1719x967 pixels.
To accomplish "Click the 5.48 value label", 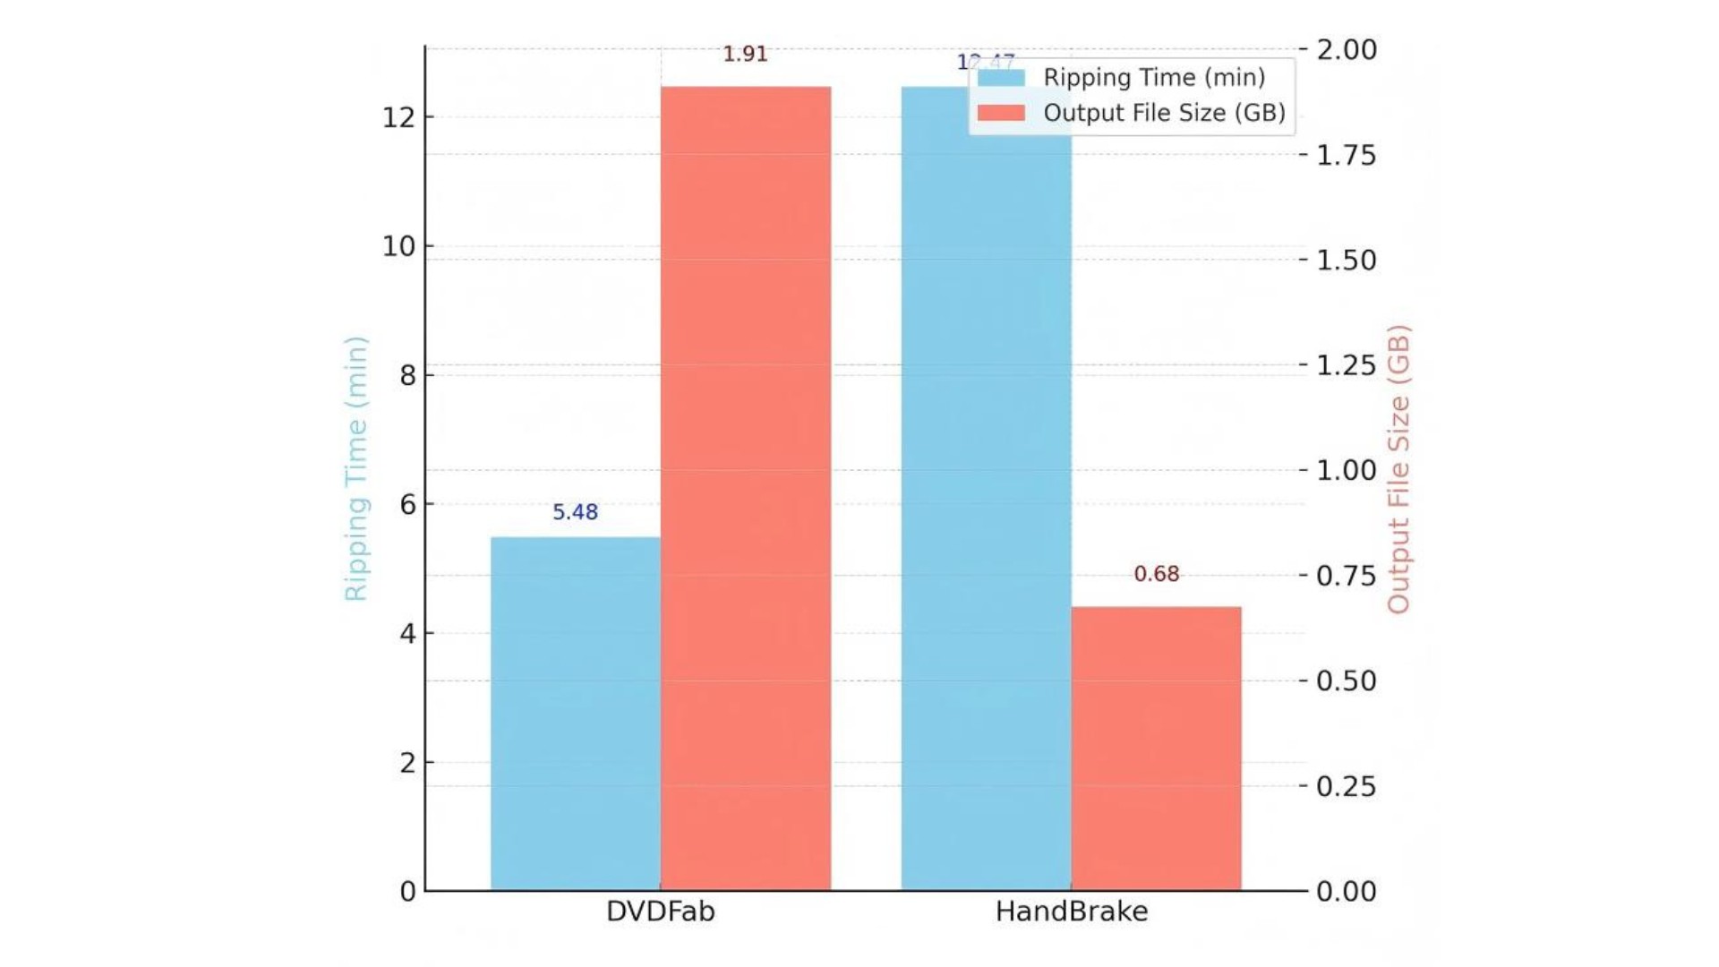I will (575, 512).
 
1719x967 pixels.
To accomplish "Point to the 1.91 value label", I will (745, 54).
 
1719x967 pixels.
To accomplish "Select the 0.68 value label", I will (1156, 574).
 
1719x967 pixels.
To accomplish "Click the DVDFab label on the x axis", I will (660, 911).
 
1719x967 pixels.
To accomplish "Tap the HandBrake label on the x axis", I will (1071, 911).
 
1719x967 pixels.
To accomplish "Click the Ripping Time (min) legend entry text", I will (1154, 77).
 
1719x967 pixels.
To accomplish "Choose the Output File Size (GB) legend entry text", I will (1164, 113).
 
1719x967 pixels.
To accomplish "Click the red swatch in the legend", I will (1001, 113).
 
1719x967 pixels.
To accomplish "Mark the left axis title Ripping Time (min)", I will (355, 468).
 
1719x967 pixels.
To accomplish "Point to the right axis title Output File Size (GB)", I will (1398, 468).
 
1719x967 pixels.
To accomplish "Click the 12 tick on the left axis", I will (398, 117).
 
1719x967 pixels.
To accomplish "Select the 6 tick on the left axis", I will (408, 505).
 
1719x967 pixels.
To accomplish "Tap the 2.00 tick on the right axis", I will (1346, 49).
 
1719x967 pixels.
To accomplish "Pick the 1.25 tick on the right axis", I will (1346, 365).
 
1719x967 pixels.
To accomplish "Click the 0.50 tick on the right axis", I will (1346, 681).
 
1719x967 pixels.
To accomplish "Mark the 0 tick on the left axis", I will (408, 892).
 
